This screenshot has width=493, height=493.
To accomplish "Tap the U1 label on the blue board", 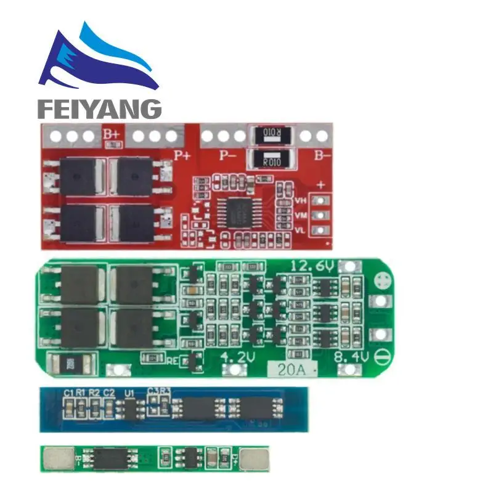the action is pos(129,392).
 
